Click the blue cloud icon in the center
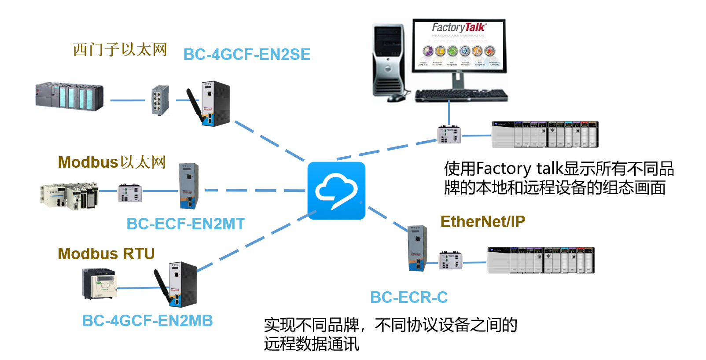coord(336,191)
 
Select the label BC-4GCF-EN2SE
coord(246,55)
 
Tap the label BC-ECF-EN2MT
coord(185,224)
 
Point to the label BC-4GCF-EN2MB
coord(147,321)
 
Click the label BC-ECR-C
coord(408,298)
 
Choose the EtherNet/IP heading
coord(483,222)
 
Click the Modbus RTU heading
coord(106,254)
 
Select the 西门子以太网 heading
coord(120,50)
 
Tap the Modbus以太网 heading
coord(112,162)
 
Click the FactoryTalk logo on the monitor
coord(459,28)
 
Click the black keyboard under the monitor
coord(461,95)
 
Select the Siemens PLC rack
coord(70,96)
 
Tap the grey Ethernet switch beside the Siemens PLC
coord(160,100)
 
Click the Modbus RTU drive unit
coord(99,284)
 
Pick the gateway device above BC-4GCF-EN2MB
coord(182,284)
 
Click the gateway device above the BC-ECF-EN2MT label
coord(189,186)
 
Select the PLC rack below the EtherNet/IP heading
coord(541,260)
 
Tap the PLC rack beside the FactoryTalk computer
coord(545,135)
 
